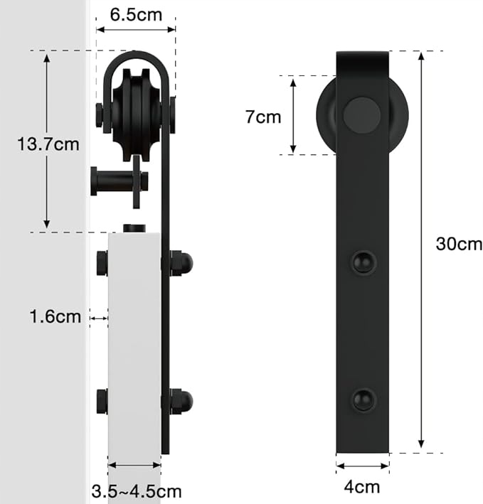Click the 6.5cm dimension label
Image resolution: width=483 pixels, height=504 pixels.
pyautogui.click(x=136, y=15)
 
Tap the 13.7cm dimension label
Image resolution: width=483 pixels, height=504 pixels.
pyautogui.click(x=48, y=144)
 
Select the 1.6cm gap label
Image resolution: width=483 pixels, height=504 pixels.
pyautogui.click(x=55, y=316)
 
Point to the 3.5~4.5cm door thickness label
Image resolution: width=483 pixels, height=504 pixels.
pyautogui.click(x=137, y=491)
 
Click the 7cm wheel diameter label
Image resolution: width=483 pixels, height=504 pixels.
pyautogui.click(x=263, y=117)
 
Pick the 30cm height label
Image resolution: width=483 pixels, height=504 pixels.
pyautogui.click(x=459, y=244)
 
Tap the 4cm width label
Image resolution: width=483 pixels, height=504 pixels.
pyautogui.click(x=362, y=487)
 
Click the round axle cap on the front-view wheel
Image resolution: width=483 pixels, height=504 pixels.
pyautogui.click(x=362, y=114)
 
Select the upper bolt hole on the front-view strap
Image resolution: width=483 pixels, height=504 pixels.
pyautogui.click(x=363, y=262)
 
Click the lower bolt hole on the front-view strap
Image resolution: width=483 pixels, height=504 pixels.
pyautogui.click(x=363, y=400)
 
